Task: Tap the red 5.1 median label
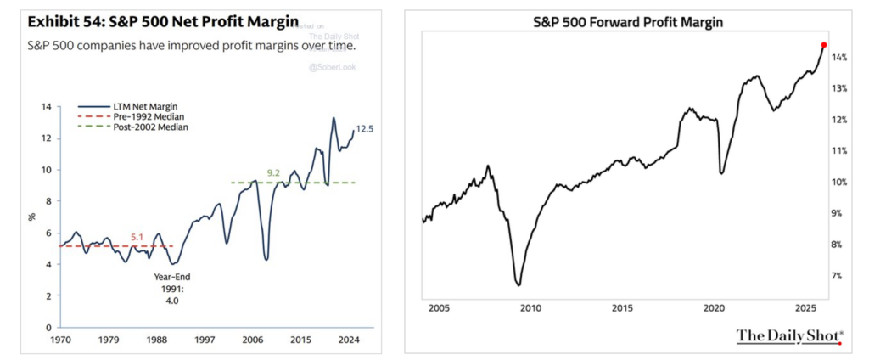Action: (137, 238)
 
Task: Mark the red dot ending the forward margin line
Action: (824, 45)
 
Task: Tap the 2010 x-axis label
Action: (530, 307)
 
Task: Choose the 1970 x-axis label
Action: (61, 339)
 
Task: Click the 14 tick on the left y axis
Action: (46, 107)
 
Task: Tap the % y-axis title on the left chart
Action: (32, 217)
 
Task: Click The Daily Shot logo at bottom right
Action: (788, 335)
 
